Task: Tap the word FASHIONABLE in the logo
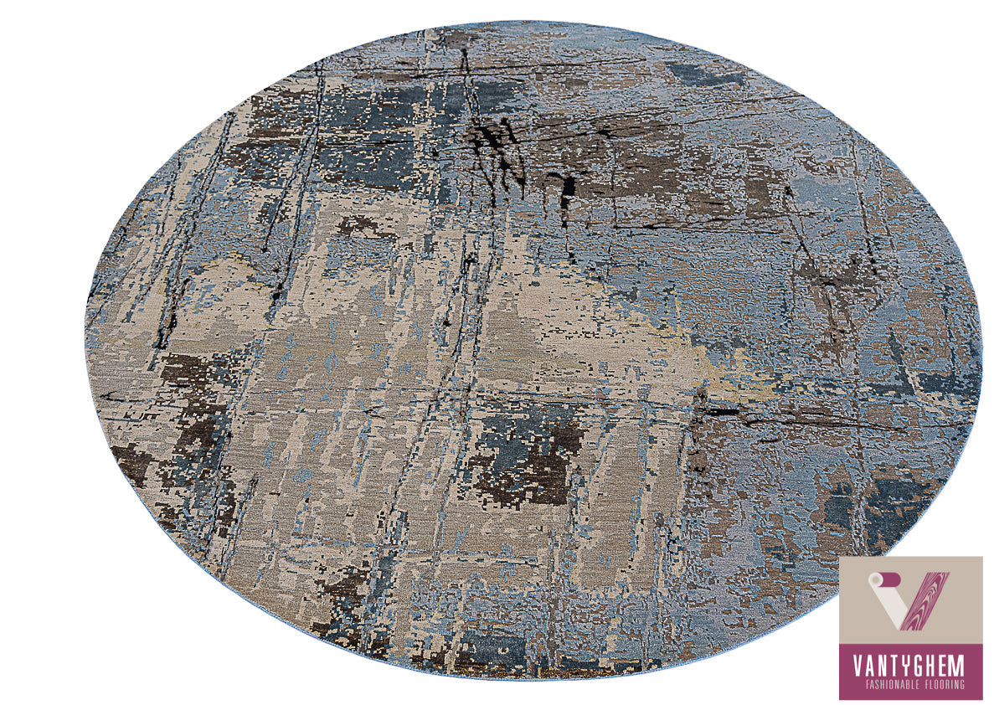coord(888,684)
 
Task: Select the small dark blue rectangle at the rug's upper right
coord(708,74)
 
